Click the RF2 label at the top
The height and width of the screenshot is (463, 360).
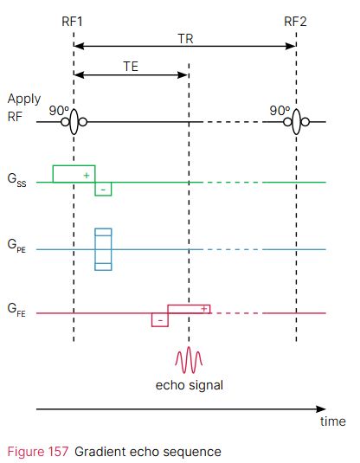[296, 19]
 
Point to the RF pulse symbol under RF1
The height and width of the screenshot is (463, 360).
[74, 123]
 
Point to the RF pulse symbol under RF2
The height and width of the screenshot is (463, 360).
[296, 123]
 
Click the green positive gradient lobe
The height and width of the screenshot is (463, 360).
[74, 173]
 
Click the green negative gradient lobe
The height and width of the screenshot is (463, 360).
[103, 189]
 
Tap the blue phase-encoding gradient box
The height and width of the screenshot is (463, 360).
[103, 249]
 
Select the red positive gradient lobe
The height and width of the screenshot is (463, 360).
[189, 308]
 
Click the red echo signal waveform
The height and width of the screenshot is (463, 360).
[189, 359]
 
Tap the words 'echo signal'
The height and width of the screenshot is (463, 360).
[189, 384]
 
